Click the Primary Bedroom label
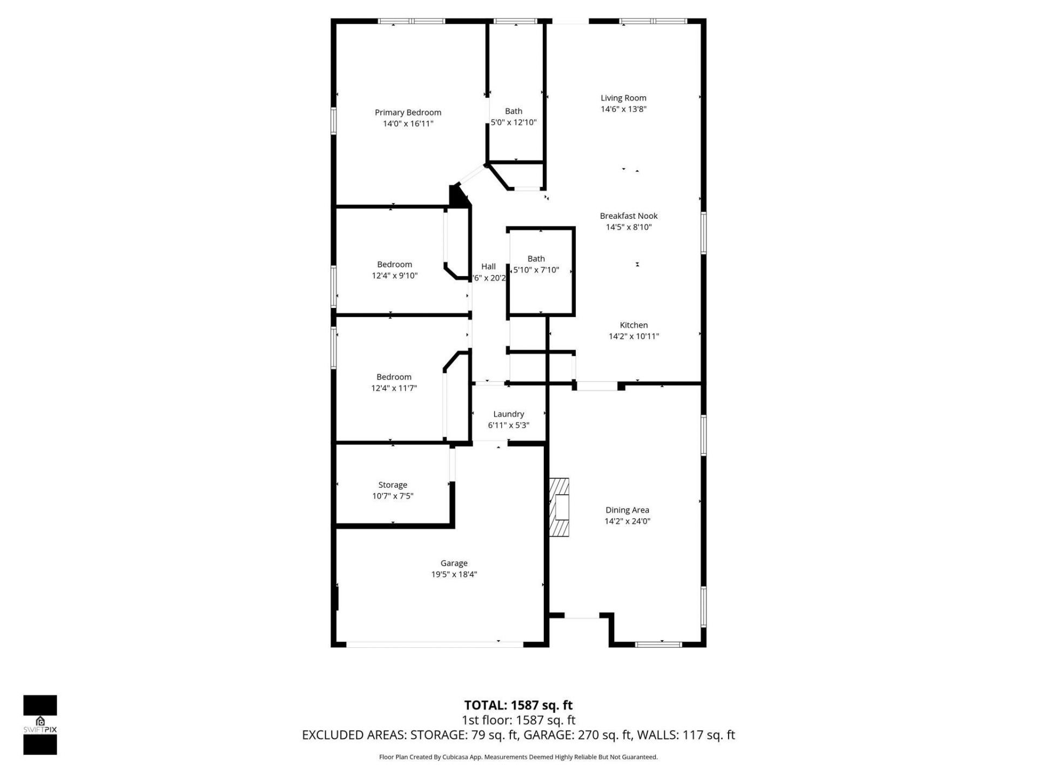point(408,112)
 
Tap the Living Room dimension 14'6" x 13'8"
point(623,109)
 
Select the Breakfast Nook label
point(628,216)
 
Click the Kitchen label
point(634,325)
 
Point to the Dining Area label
point(627,509)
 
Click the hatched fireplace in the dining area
point(560,507)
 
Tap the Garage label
point(454,563)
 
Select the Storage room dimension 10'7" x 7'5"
point(393,496)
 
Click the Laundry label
point(508,414)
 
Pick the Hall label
point(488,266)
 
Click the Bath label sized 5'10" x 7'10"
point(536,259)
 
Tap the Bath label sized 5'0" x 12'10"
point(513,111)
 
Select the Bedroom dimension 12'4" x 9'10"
point(394,276)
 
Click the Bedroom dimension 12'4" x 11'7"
point(394,388)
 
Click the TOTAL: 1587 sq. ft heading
point(518,705)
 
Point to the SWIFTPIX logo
point(40,725)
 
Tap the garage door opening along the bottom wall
point(435,644)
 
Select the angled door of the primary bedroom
point(471,174)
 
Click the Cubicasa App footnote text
point(518,757)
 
